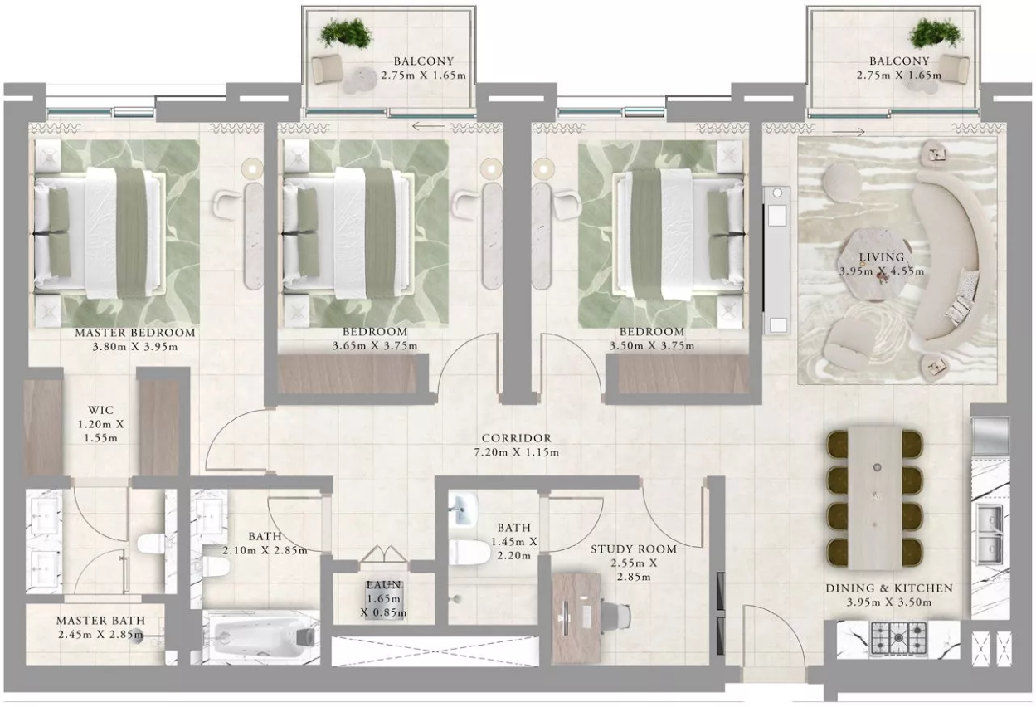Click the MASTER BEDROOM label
135,333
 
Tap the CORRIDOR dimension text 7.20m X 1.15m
516,452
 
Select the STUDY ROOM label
634,549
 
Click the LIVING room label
882,257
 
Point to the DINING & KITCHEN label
889,588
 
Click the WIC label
101,410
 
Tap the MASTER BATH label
101,620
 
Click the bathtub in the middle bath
261,637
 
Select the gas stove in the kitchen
898,638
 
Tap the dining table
874,498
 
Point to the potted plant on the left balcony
346,32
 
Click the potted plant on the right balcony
936,32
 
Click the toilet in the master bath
152,544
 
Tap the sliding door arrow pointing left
428,126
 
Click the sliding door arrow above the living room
849,132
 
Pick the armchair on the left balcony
327,69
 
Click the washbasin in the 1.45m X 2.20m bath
463,509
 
